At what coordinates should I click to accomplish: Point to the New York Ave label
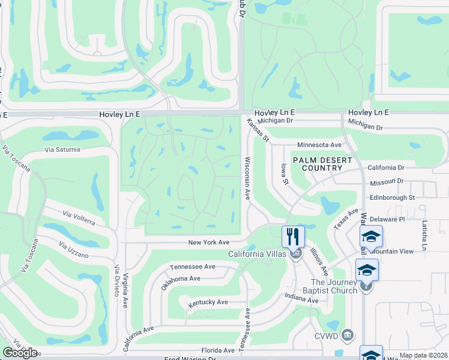click(x=209, y=242)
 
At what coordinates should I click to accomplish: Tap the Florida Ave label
click(x=218, y=350)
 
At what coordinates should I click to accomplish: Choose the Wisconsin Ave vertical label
click(x=247, y=178)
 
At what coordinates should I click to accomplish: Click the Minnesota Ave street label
click(x=319, y=145)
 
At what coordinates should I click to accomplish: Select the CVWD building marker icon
click(x=347, y=334)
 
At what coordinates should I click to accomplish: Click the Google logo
click(x=20, y=353)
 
